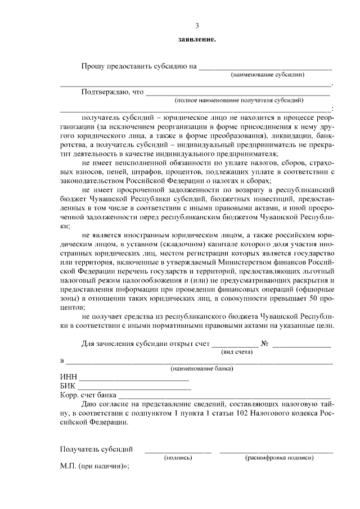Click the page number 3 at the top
click(x=197, y=26)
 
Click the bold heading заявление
click(x=197, y=39)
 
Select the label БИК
click(x=67, y=386)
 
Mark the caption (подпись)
click(x=178, y=458)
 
